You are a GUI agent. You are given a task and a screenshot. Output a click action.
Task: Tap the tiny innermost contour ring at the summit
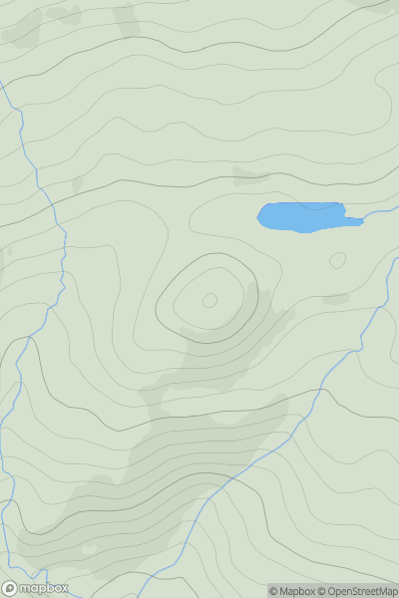pos(209,300)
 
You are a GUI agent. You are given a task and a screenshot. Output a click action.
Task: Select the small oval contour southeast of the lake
pos(337,260)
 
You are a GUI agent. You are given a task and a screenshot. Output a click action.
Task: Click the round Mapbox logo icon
pos(10,588)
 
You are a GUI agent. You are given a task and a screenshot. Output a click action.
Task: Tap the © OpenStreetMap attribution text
pos(357,591)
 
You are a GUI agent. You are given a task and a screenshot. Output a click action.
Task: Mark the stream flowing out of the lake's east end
pos(377,214)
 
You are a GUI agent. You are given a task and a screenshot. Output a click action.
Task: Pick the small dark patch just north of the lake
pos(250,177)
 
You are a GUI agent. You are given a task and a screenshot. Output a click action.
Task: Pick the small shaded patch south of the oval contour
pos(336,298)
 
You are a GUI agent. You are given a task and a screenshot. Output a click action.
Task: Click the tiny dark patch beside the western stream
pos(77,184)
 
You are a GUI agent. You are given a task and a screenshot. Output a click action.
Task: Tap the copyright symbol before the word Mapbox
pos(273,591)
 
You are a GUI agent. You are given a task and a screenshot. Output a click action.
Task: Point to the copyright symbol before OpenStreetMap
pos(321,591)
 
